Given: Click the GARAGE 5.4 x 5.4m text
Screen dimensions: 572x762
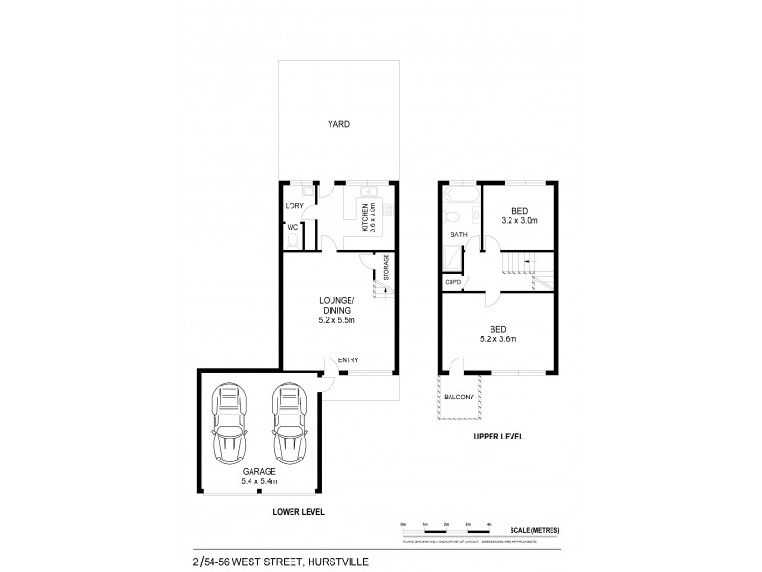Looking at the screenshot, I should click(258, 476).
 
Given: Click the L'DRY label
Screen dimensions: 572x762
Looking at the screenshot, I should click(294, 207).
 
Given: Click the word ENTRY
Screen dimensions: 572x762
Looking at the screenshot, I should click(349, 360).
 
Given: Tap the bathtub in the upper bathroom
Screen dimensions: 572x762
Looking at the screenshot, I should click(460, 196).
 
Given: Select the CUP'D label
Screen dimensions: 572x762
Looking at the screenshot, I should click(452, 282).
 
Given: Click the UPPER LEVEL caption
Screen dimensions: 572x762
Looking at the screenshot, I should click(495, 438).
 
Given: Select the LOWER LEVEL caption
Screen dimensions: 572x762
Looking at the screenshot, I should click(297, 512).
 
